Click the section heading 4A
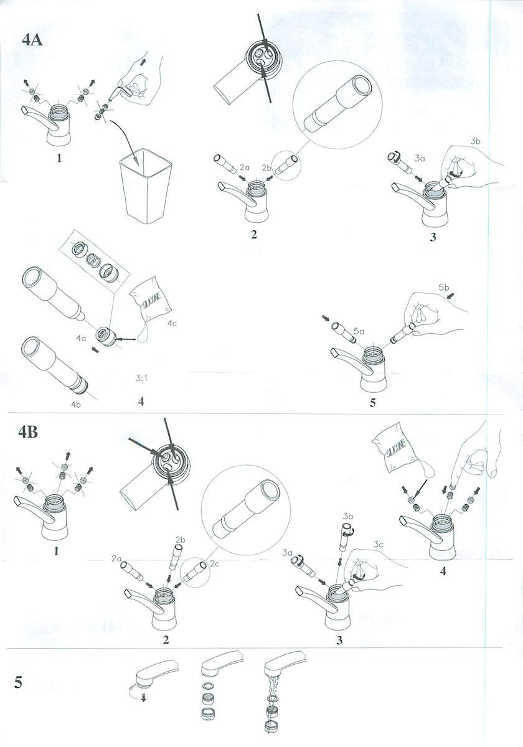click(32, 40)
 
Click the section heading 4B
click(28, 432)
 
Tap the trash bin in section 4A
click(146, 186)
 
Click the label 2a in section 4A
click(245, 168)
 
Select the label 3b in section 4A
click(475, 141)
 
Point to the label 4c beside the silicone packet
click(172, 323)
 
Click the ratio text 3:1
click(142, 378)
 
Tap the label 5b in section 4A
click(443, 287)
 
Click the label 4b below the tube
click(76, 405)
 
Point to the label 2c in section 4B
click(214, 563)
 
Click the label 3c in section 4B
click(379, 545)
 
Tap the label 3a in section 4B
click(287, 553)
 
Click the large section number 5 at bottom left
click(18, 682)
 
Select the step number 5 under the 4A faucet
click(372, 403)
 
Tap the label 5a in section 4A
click(359, 331)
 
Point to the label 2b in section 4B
click(180, 540)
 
